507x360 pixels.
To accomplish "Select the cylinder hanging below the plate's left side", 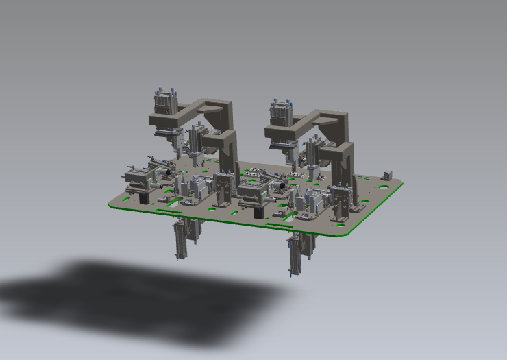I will click(180, 240).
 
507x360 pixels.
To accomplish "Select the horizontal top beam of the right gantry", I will click(322, 117).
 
